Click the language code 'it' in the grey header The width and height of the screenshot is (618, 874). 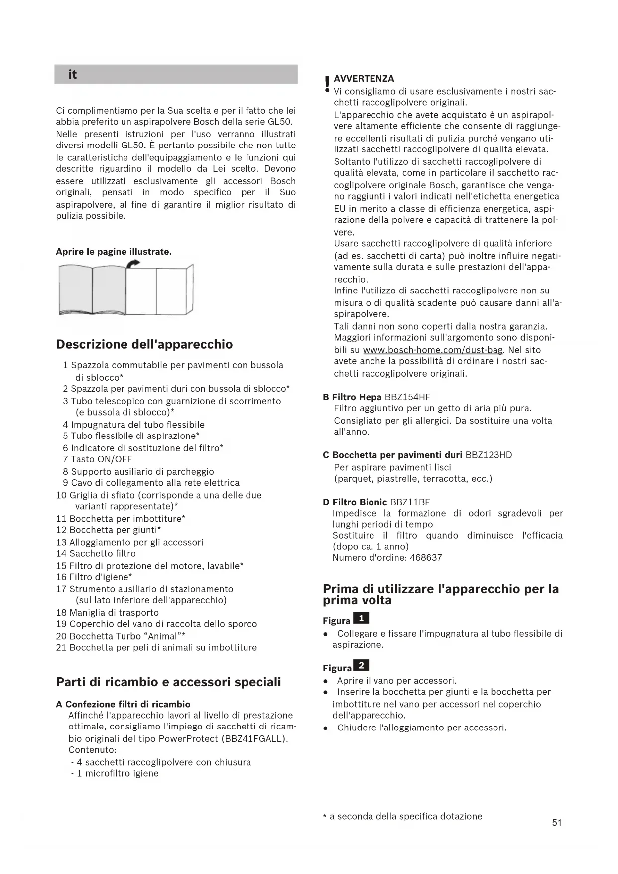[x=73, y=75]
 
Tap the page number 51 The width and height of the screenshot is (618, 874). [x=557, y=823]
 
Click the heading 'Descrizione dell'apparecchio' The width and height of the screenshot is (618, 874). [x=144, y=344]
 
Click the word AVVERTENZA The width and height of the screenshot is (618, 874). [x=364, y=79]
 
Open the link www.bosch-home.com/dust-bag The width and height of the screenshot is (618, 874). [x=433, y=350]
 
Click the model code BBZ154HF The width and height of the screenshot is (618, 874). [x=407, y=397]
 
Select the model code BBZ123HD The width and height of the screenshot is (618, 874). [x=488, y=455]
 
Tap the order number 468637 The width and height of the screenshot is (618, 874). [x=426, y=558]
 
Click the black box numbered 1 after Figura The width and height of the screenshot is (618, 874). [x=361, y=619]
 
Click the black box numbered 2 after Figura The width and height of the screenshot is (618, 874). [x=361, y=666]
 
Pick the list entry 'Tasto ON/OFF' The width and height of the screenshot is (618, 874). [x=102, y=459]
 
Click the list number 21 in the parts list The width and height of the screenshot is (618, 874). [x=61, y=648]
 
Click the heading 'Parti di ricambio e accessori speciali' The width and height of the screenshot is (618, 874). [x=168, y=682]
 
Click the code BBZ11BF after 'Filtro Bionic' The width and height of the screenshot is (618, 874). [x=410, y=502]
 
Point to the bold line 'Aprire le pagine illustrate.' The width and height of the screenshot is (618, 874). [x=114, y=252]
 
